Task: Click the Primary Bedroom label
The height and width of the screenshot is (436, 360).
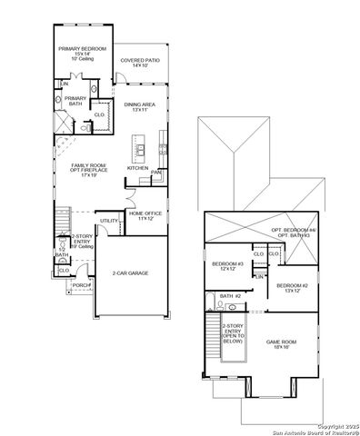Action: point(83,52)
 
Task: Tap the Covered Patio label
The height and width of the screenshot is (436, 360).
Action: point(140,63)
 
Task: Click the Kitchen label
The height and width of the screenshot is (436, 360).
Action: point(137,168)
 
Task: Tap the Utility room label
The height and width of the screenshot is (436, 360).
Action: point(108,220)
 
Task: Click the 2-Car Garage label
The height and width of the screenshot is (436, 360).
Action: point(131,272)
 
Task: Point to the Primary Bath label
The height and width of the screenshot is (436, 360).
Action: point(75,101)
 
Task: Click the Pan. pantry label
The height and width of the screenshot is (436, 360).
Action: point(156,172)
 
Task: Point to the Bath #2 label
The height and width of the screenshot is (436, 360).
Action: point(231,296)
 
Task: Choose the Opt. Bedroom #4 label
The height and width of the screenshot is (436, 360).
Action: point(290,233)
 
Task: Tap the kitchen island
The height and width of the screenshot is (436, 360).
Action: point(139,144)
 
